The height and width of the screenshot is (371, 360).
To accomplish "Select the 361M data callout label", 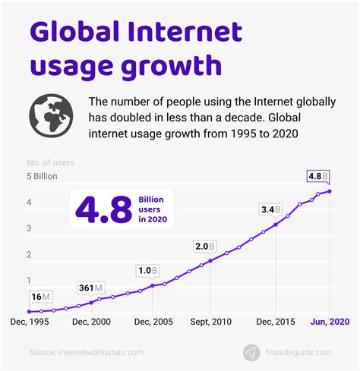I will [x=91, y=288].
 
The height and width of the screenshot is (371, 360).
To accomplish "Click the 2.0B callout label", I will [x=204, y=247].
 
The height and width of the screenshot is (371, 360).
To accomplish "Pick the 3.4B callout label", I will [x=270, y=209].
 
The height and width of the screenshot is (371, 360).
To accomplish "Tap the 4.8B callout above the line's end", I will [x=317, y=176].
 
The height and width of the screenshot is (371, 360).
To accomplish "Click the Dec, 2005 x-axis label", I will [x=153, y=322].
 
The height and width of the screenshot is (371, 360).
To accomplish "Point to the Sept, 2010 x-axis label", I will [x=210, y=322].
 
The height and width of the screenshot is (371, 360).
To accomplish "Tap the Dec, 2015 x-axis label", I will [x=275, y=322].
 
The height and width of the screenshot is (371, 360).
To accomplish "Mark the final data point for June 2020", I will [x=329, y=191].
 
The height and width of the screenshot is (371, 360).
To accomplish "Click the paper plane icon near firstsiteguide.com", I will [x=250, y=352].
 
